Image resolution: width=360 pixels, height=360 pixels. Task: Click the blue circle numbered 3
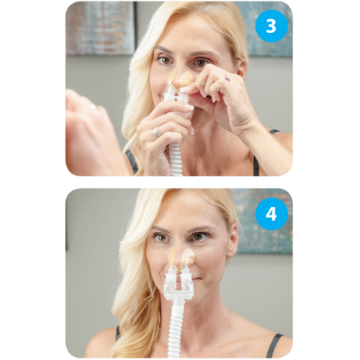click(271, 25)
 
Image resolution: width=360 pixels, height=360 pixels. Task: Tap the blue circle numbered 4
click(271, 213)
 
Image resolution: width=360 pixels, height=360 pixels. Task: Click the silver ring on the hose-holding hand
click(157, 131)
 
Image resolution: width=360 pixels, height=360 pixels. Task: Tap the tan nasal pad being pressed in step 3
click(181, 79)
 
